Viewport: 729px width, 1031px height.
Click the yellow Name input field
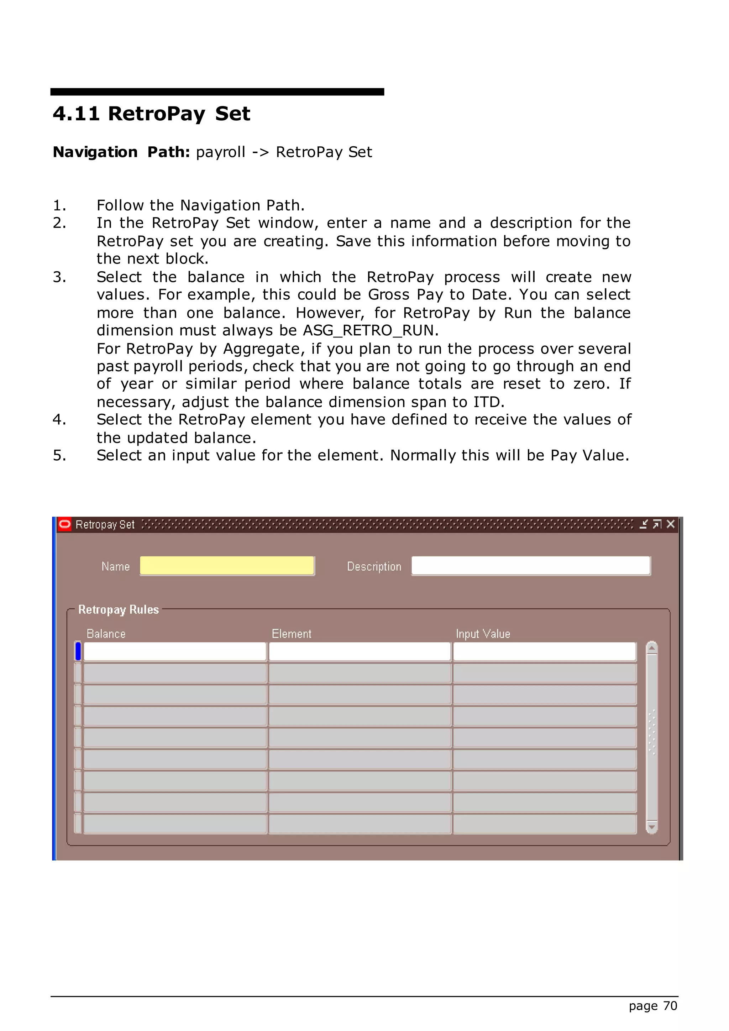pyautogui.click(x=227, y=566)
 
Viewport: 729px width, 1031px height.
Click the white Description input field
pyautogui.click(x=531, y=566)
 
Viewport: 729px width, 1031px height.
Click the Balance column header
pyautogui.click(x=106, y=634)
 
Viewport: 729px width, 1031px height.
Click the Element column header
pyautogui.click(x=291, y=634)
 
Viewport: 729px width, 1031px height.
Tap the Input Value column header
pyautogui.click(x=483, y=634)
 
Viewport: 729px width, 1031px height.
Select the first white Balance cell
pyautogui.click(x=175, y=651)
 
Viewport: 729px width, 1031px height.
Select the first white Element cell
pyautogui.click(x=360, y=651)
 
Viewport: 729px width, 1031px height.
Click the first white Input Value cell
pyautogui.click(x=545, y=651)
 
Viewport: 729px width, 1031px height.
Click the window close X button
pyautogui.click(x=671, y=524)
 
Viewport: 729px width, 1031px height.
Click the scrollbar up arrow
pyautogui.click(x=652, y=648)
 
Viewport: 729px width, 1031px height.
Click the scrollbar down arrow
pyautogui.click(x=652, y=827)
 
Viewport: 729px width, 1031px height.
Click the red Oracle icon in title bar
pyautogui.click(x=65, y=524)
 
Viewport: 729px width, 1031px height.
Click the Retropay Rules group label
pyautogui.click(x=119, y=609)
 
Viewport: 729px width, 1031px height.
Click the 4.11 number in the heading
pyautogui.click(x=76, y=113)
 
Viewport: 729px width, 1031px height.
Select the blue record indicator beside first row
pyautogui.click(x=78, y=651)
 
